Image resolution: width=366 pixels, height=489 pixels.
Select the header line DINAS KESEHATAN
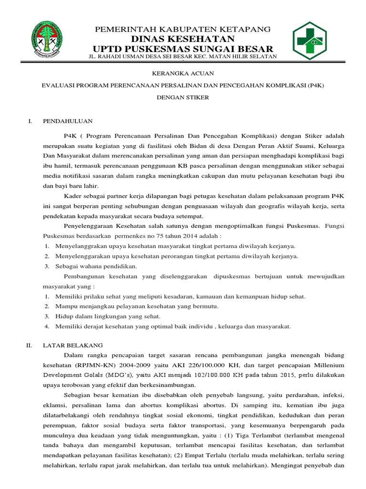coord(183,39)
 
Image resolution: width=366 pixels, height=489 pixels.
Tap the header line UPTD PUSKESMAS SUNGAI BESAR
coord(183,49)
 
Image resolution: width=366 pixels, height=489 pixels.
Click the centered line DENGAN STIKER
coord(183,97)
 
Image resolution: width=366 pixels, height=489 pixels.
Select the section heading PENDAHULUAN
coord(68,121)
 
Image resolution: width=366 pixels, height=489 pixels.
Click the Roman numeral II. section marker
coord(29,345)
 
